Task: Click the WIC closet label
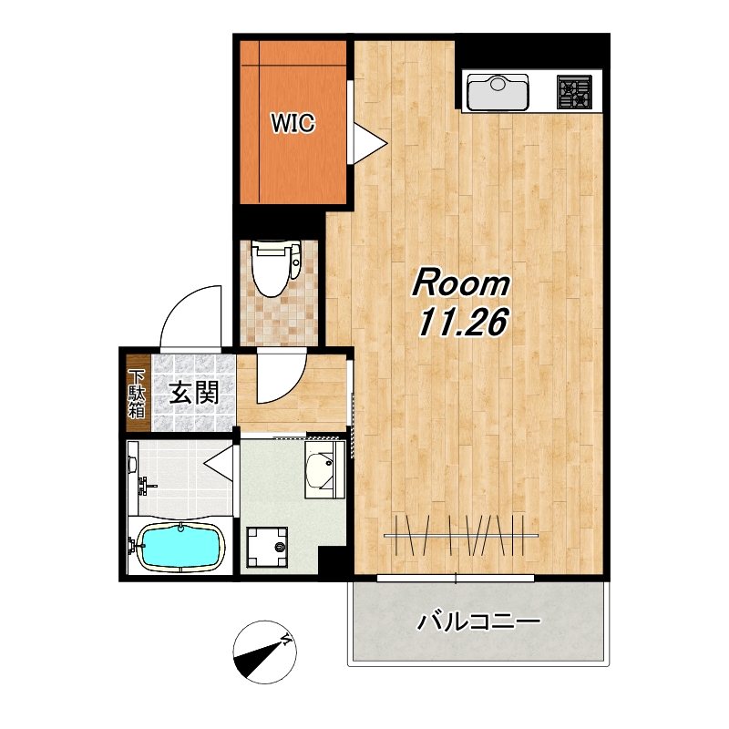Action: pos(293,123)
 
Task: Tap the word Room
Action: pos(461,282)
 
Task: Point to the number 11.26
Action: pos(462,323)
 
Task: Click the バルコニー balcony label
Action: pos(478,621)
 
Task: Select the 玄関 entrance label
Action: pos(193,393)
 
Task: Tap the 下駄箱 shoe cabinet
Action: pos(139,394)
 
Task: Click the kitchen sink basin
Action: pos(498,93)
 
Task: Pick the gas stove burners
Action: pos(575,92)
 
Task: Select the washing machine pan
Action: pos(267,548)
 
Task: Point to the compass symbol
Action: pos(264,652)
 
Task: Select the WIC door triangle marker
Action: pos(370,144)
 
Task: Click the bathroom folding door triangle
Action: pos(219,464)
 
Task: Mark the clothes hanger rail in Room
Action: pos(461,536)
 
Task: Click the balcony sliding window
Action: pos(456,579)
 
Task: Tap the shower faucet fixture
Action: pos(146,487)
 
